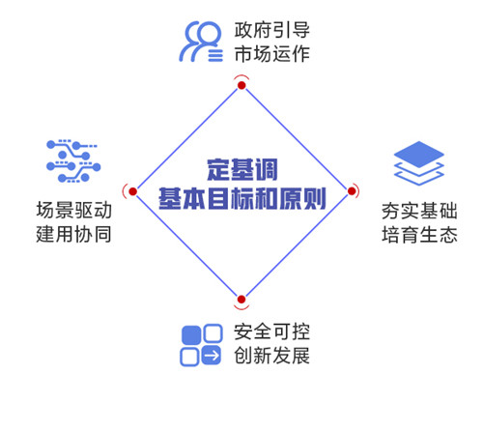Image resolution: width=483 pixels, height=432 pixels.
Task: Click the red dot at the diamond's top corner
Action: click(x=241, y=85)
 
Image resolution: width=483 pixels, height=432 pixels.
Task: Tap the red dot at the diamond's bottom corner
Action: click(x=241, y=300)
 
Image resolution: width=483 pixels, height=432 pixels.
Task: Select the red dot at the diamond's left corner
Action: click(x=132, y=191)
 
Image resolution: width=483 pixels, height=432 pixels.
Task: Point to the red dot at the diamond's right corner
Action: click(x=352, y=191)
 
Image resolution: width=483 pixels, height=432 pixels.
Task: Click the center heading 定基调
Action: click(x=242, y=170)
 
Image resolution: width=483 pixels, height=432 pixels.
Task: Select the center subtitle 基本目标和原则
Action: click(x=242, y=198)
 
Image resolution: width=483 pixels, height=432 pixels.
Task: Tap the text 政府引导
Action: click(x=272, y=30)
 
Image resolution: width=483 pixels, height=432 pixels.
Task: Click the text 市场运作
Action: click(x=272, y=54)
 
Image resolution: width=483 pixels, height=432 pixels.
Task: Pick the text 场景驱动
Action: click(x=73, y=211)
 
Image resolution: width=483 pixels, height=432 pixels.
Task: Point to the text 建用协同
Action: click(x=73, y=234)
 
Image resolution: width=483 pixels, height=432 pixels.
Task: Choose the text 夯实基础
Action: click(x=419, y=211)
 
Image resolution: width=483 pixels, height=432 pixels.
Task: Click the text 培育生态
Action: click(x=419, y=235)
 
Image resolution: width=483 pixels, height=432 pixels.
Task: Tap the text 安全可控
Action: click(x=272, y=331)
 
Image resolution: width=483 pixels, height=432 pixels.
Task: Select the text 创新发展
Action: click(x=272, y=356)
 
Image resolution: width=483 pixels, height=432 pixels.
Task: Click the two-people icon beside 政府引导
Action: click(x=201, y=42)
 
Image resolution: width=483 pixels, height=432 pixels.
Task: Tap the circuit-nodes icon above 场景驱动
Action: click(x=73, y=161)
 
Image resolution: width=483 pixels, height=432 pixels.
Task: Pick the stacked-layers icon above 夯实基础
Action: click(x=419, y=163)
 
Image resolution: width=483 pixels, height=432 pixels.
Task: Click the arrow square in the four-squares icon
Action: click(x=212, y=356)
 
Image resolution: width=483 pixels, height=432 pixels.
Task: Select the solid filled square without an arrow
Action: click(x=191, y=335)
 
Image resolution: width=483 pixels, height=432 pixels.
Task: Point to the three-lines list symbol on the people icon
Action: click(x=215, y=55)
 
